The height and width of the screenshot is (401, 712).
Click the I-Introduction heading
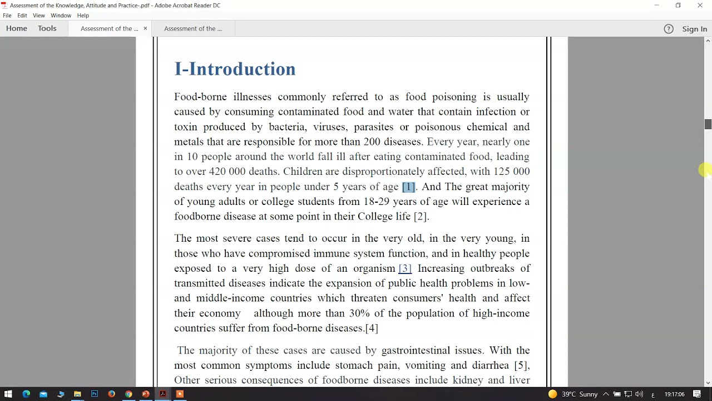pyautogui.click(x=235, y=69)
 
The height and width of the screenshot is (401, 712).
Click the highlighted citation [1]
pyautogui.click(x=408, y=187)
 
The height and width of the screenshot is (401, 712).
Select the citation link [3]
pyautogui.click(x=405, y=268)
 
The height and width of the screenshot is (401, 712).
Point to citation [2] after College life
pyautogui.click(x=420, y=217)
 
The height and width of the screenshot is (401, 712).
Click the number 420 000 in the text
pyautogui.click(x=227, y=172)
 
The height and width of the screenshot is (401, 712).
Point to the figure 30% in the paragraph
pyautogui.click(x=359, y=313)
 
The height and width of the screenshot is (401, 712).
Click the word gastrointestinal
pyautogui.click(x=416, y=350)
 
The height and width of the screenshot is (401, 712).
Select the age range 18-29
pyautogui.click(x=376, y=202)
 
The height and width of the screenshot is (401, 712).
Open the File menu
pyautogui.click(x=7, y=16)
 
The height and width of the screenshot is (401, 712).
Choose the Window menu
pyautogui.click(x=61, y=16)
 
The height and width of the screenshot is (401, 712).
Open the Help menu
pyautogui.click(x=83, y=16)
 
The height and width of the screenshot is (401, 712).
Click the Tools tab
pyautogui.click(x=47, y=28)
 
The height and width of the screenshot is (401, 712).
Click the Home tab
pyautogui.click(x=17, y=28)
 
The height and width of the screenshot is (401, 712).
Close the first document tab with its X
pyautogui.click(x=145, y=28)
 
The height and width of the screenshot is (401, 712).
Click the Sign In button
pyautogui.click(x=694, y=29)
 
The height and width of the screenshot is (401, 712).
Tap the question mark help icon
pyautogui.click(x=669, y=29)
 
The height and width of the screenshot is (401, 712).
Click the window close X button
pyautogui.click(x=700, y=6)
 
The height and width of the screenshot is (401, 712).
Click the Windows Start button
pyautogui.click(x=8, y=394)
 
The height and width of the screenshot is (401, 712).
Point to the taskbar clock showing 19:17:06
pyautogui.click(x=674, y=394)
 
